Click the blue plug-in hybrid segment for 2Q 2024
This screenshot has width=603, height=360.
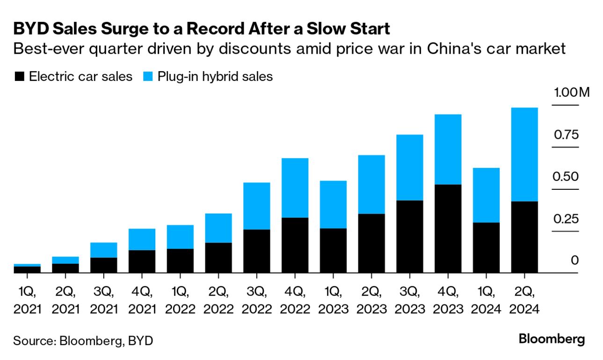(524, 154)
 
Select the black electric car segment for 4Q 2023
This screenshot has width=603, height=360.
(448, 229)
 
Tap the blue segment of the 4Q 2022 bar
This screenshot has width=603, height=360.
(295, 187)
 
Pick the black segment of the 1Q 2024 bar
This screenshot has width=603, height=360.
(486, 247)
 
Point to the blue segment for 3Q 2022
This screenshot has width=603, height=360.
(257, 206)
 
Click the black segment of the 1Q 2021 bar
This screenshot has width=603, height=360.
(27, 269)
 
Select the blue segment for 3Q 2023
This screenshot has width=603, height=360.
(410, 167)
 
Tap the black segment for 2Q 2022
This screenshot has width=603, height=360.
(218, 258)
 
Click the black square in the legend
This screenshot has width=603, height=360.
(19, 77)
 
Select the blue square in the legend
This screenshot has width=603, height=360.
(147, 77)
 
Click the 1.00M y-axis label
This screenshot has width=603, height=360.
(572, 92)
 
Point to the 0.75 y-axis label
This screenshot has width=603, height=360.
(566, 135)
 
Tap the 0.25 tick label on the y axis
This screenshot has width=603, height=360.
(566, 218)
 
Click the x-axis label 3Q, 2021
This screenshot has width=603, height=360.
(104, 301)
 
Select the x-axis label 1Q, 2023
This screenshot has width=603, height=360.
(333, 301)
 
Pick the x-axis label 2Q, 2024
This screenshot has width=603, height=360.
(524, 301)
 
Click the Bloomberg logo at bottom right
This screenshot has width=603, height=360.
(552, 339)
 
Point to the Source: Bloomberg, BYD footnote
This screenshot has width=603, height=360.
(83, 340)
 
